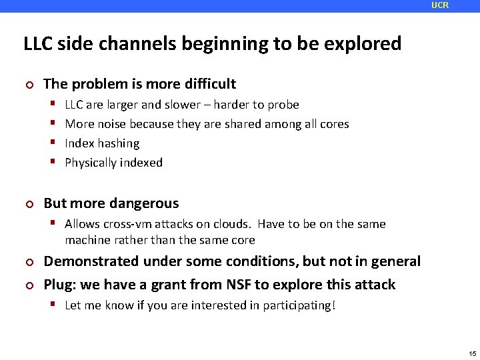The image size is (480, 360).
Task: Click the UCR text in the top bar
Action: point(440,5)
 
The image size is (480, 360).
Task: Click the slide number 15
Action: point(472,353)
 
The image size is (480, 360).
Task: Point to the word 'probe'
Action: point(283,105)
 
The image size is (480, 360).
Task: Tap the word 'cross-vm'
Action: point(126,224)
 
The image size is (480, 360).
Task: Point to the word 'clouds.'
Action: point(233,224)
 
